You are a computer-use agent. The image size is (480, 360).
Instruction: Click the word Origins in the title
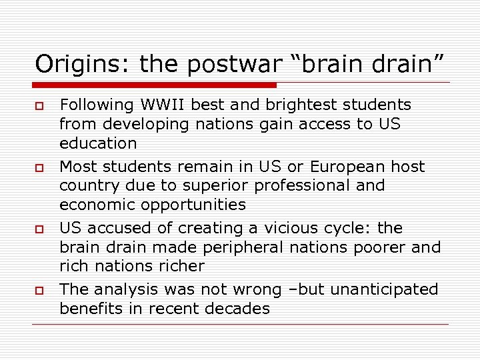(71, 64)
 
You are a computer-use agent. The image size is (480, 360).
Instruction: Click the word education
(98, 143)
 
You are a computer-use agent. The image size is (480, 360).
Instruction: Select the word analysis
(125, 289)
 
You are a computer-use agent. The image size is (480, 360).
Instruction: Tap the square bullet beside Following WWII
(41, 106)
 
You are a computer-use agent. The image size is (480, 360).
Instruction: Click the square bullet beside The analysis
(41, 291)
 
